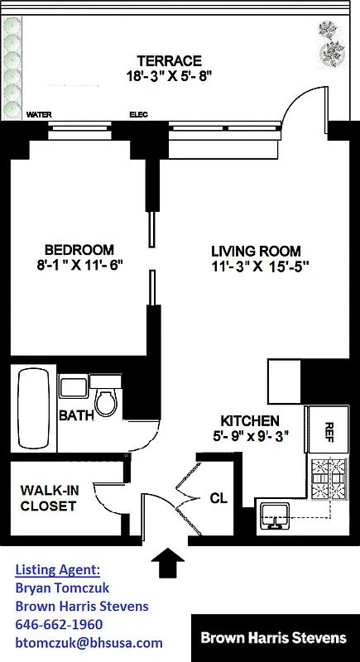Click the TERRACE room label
[169, 60]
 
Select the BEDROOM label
[79, 250]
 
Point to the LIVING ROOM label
[255, 251]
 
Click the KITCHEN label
[249, 420]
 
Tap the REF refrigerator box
[327, 431]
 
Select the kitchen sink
[275, 516]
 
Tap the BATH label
[75, 415]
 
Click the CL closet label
[218, 497]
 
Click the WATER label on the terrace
[38, 115]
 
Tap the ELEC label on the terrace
[138, 115]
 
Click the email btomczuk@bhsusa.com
[89, 642]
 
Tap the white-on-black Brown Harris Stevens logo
[274, 638]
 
